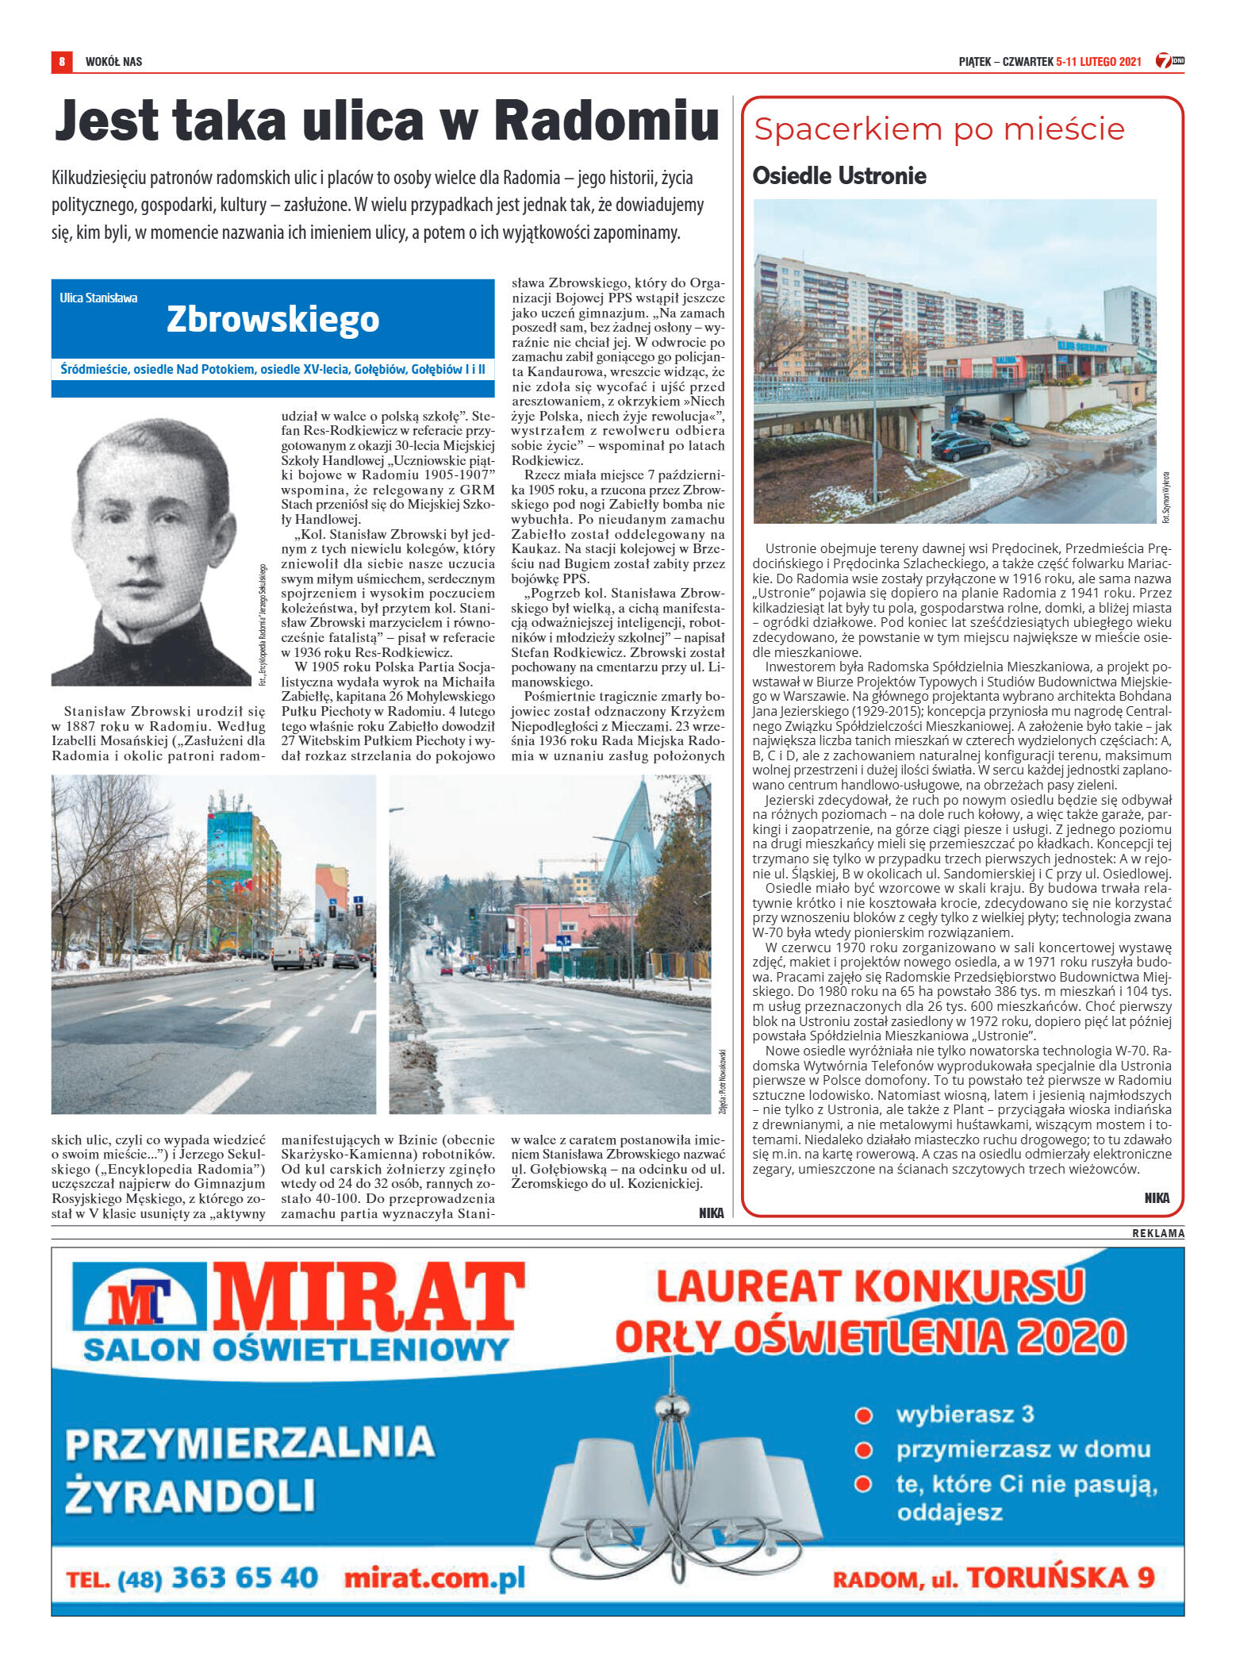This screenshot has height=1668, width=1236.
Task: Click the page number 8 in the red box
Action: (x=61, y=61)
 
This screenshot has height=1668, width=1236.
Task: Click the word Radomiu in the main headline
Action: (x=606, y=121)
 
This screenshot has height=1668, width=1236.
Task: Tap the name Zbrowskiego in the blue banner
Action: (x=273, y=319)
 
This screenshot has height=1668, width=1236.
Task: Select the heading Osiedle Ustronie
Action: (x=839, y=175)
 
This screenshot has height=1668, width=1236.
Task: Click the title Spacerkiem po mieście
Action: (x=939, y=129)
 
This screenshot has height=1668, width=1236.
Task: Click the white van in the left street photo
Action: (x=291, y=951)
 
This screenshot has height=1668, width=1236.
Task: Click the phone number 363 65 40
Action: (x=244, y=1578)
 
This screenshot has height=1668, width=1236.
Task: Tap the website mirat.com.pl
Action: (x=435, y=1578)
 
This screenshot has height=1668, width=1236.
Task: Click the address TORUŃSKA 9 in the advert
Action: (x=1060, y=1578)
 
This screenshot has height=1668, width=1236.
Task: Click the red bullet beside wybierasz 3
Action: (x=864, y=1413)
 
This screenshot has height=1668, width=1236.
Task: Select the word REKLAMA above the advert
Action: (x=1157, y=1233)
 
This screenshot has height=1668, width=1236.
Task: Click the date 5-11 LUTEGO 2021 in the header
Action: (x=1099, y=62)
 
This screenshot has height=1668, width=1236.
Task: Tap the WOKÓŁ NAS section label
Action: (x=113, y=62)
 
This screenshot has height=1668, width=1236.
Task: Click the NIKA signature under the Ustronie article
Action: (x=1157, y=1198)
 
